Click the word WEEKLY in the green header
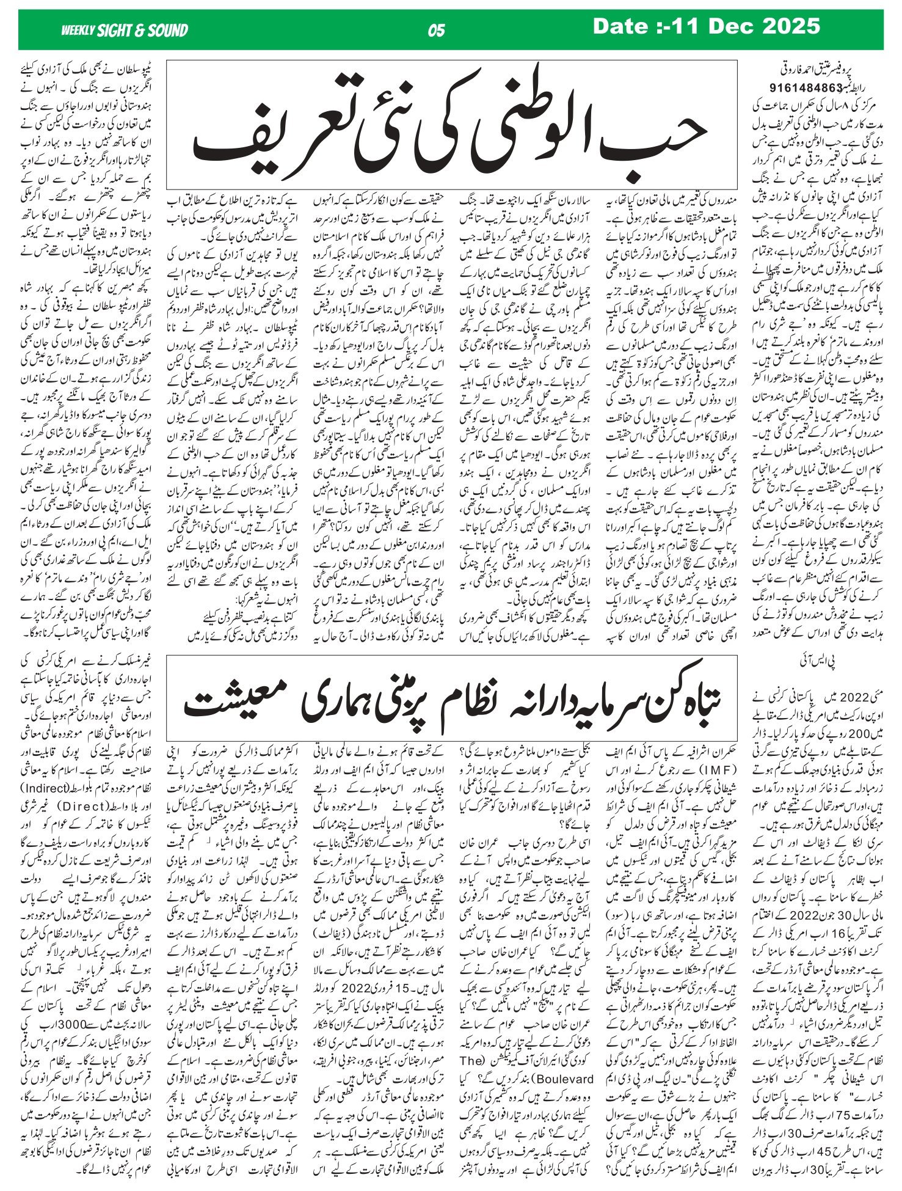point(78,31)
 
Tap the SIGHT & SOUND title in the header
point(142,31)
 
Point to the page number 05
point(437,31)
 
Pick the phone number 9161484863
point(797,87)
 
